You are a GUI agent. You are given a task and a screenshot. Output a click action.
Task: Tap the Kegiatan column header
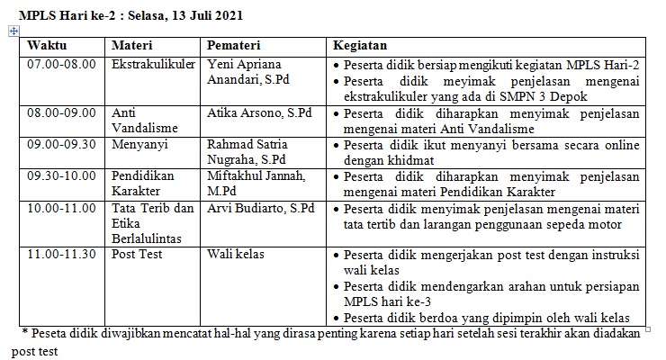(x=360, y=46)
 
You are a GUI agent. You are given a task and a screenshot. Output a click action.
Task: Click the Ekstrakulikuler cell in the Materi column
(x=149, y=66)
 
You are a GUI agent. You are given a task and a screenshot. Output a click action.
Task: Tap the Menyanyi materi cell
(x=137, y=144)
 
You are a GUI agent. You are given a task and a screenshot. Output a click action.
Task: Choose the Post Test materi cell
(x=136, y=255)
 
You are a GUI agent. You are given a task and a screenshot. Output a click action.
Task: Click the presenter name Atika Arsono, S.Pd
(x=260, y=114)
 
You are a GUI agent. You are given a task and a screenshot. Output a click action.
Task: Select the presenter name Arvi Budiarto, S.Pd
(x=261, y=208)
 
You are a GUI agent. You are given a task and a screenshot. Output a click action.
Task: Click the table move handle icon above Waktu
(x=13, y=31)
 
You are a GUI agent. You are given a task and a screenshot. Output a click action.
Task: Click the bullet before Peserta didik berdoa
(x=336, y=319)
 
